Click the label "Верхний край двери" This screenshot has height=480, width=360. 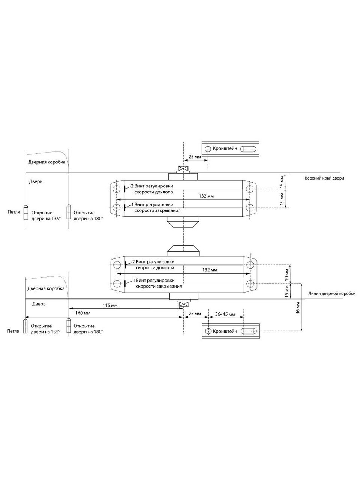coord(324,178)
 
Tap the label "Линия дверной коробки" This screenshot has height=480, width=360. coord(331,293)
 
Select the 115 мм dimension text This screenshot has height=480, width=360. coord(109,306)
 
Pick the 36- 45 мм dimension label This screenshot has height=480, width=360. coord(225,313)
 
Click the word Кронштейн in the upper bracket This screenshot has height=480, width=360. coord(225,148)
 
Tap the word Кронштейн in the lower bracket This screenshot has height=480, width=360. coord(225,331)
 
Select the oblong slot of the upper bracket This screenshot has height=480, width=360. coord(249,149)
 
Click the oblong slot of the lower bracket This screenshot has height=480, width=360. coord(249,331)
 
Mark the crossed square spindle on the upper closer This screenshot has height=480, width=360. coord(183,169)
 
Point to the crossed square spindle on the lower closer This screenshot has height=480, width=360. coord(183,304)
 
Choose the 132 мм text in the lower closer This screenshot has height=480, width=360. coord(208,269)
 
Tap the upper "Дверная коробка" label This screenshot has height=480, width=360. coord(46,162)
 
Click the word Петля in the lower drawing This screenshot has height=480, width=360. coord(13,331)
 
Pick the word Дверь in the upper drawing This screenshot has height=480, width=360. coord(36,181)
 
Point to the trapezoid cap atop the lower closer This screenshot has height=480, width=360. coord(183,250)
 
